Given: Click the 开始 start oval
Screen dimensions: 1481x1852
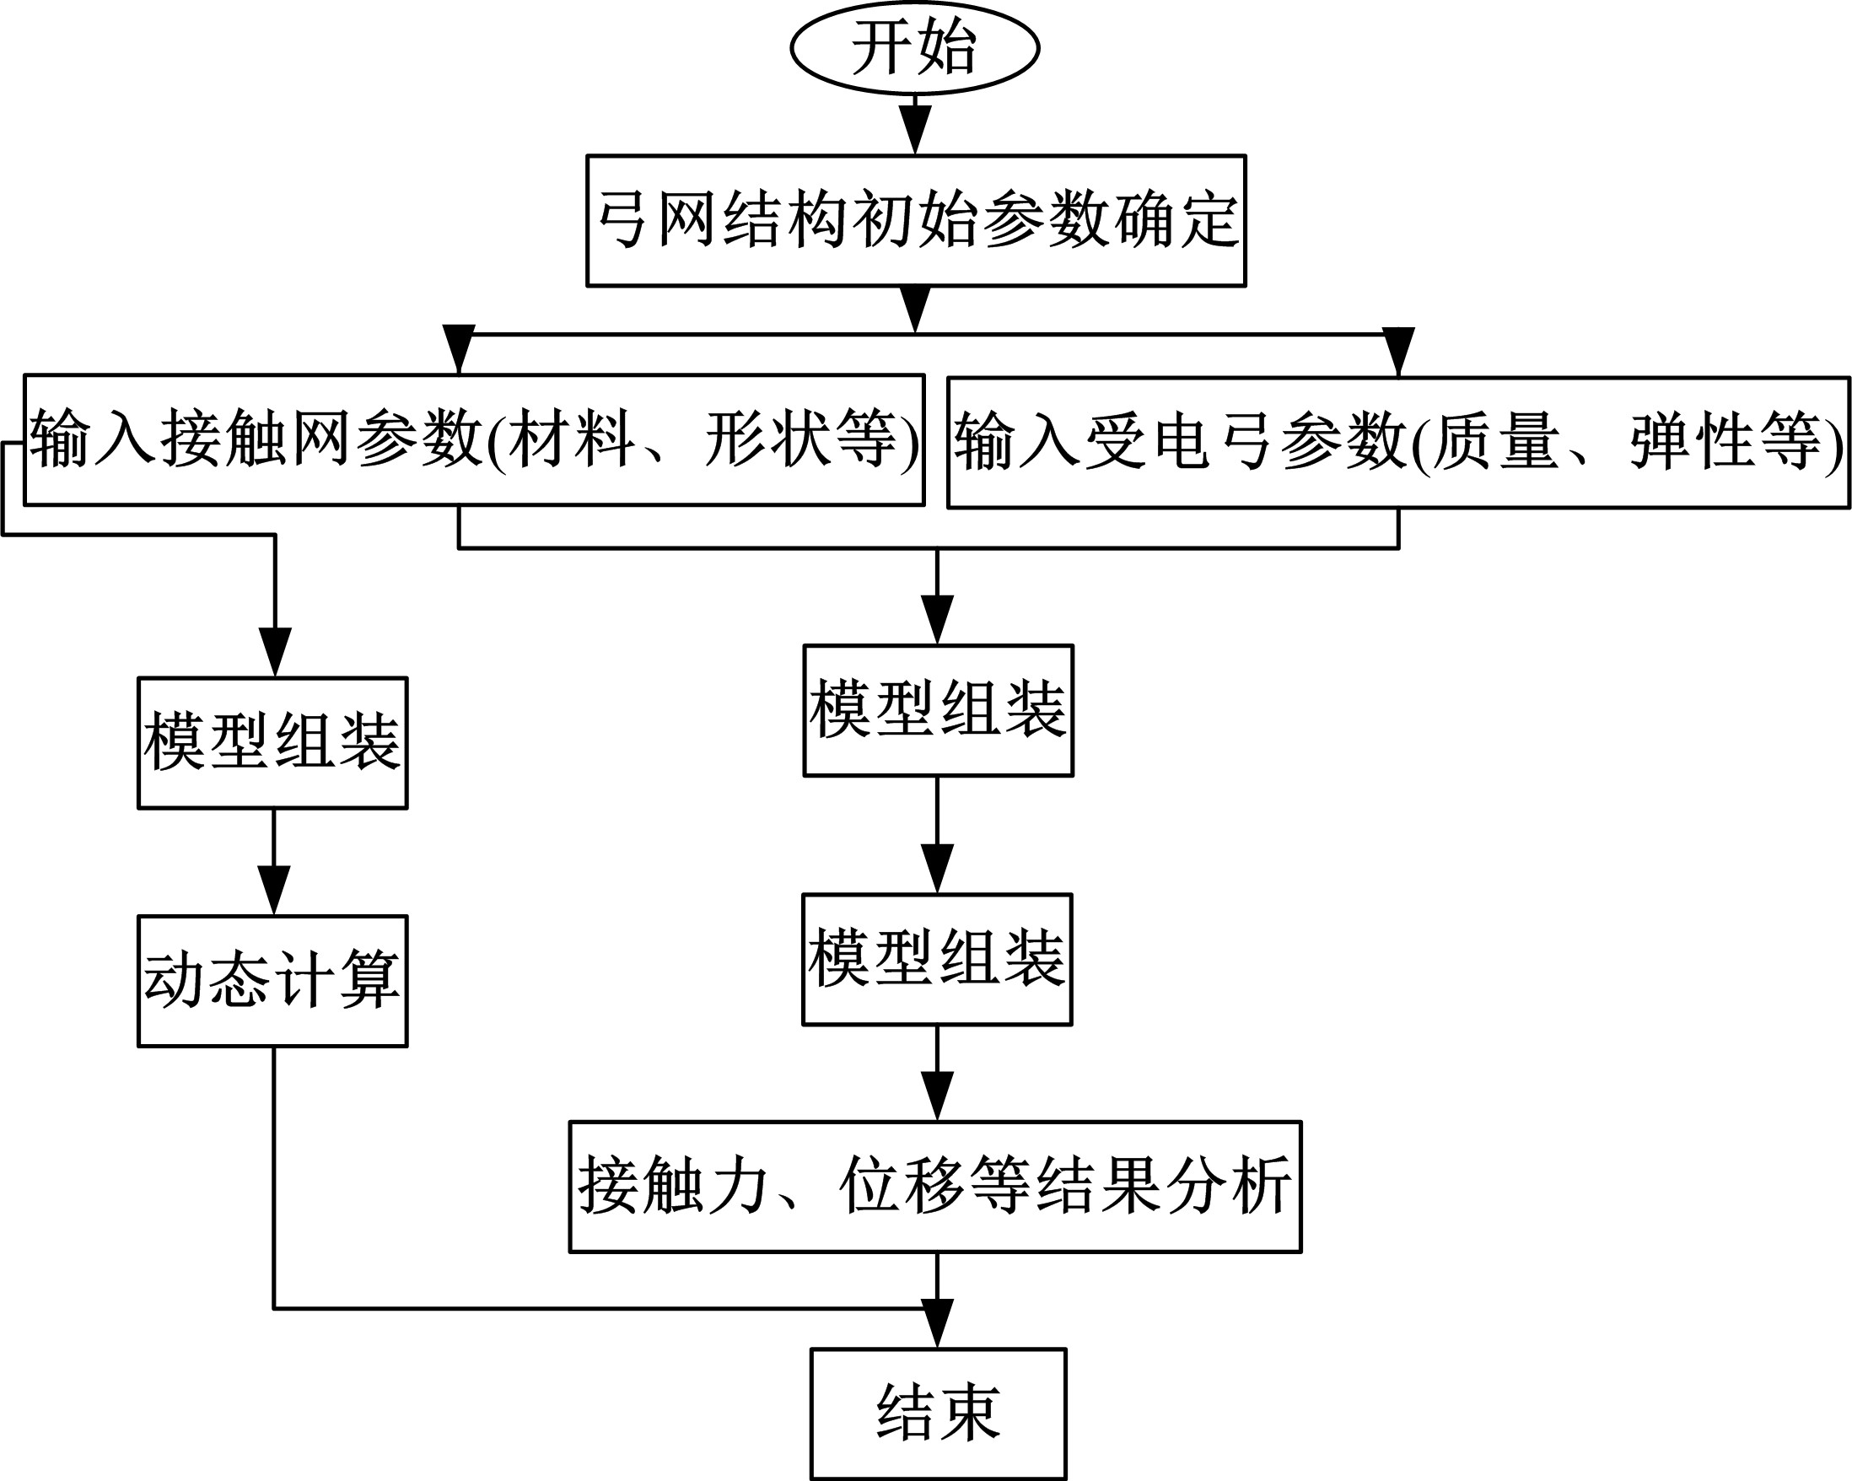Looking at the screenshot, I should pos(915,48).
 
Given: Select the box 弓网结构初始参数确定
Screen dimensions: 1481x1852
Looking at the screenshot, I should pos(916,221).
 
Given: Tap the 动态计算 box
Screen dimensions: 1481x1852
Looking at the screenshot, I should pos(272,981).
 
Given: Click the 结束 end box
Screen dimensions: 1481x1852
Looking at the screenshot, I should pos(938,1414).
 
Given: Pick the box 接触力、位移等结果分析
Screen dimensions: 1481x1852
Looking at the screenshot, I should pos(935,1187).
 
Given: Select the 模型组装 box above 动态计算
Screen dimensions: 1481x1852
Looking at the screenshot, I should pos(272,743).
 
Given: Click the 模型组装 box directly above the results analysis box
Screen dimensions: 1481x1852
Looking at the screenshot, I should pos(937,960).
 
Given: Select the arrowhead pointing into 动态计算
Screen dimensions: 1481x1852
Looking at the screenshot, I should pos(274,890).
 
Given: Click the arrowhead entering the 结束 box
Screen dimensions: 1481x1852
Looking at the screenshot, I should pos(937,1323).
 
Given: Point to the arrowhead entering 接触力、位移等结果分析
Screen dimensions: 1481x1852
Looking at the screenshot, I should pos(937,1096).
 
